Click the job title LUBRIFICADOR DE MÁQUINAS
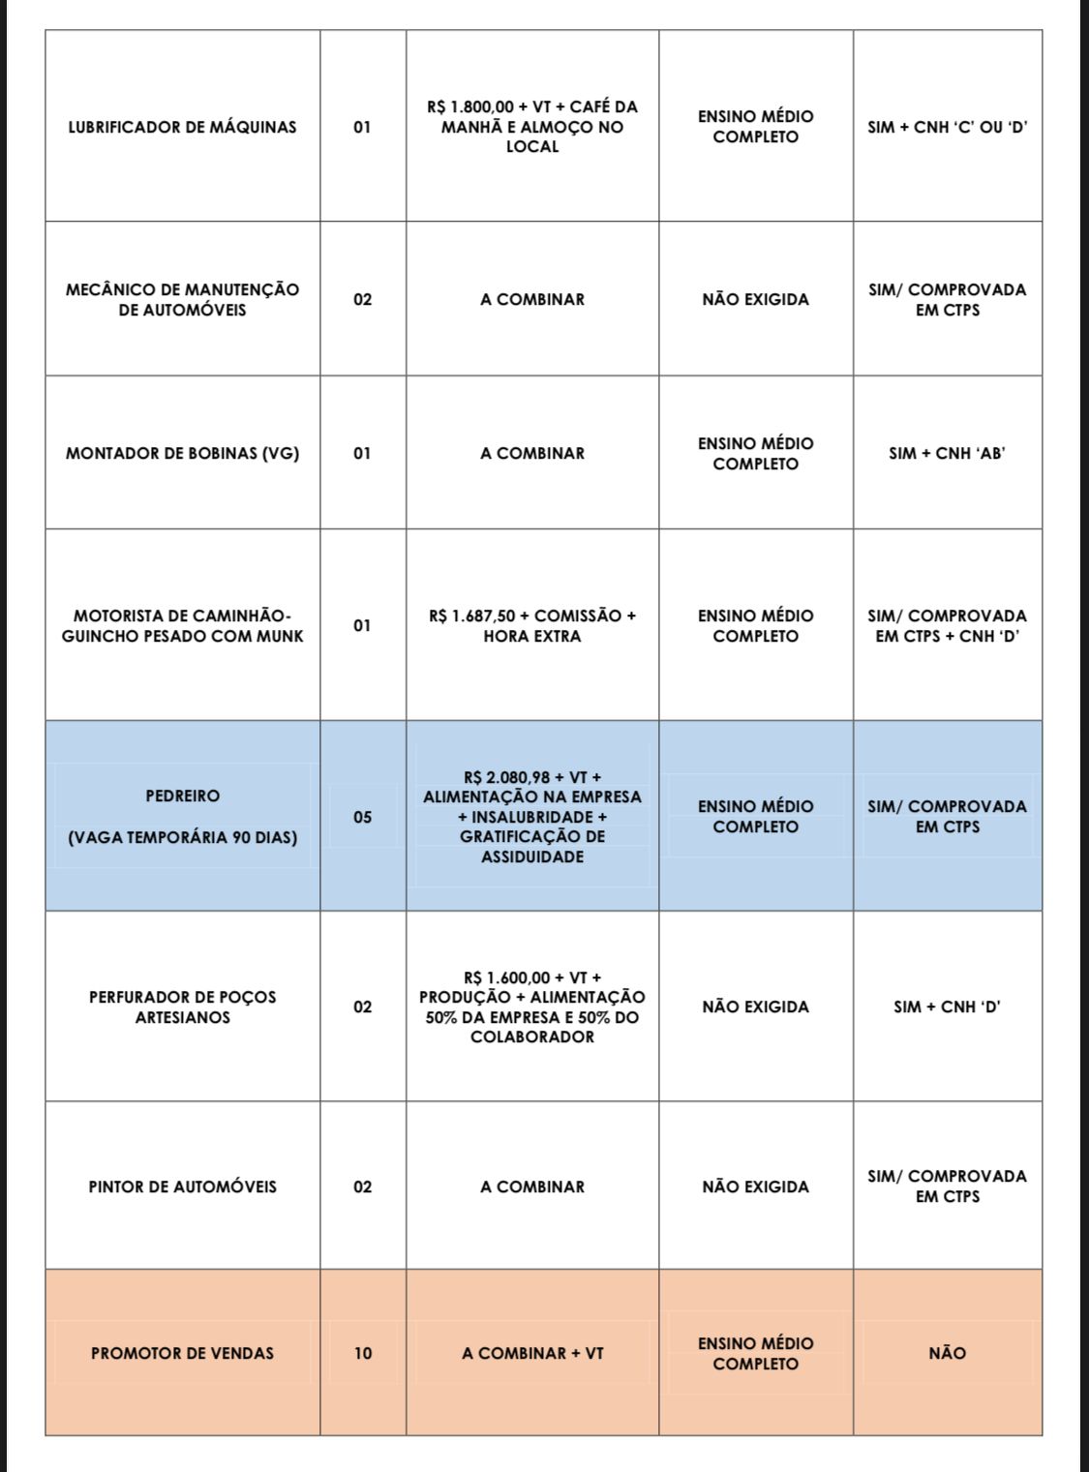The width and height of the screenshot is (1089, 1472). tap(182, 127)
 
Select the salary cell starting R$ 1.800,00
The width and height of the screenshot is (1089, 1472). tap(532, 127)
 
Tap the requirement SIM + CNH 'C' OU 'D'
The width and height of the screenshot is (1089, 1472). tap(947, 127)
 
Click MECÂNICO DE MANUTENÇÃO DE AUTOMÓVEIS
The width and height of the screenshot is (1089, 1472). tap(182, 299)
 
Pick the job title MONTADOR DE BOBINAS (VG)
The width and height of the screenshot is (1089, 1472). tap(182, 453)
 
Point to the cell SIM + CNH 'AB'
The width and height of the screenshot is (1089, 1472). tap(947, 453)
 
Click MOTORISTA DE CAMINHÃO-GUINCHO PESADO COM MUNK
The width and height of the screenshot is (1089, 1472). tap(182, 625)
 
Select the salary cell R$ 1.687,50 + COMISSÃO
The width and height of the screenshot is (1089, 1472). tap(532, 625)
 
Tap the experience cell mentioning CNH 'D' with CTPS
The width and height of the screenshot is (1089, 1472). tap(947, 625)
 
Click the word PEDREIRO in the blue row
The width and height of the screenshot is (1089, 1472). tap(182, 796)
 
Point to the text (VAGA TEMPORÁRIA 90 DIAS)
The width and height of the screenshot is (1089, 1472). tap(182, 837)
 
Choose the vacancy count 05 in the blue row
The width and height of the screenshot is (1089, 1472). tap(362, 817)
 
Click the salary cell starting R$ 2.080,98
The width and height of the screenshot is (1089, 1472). tap(532, 817)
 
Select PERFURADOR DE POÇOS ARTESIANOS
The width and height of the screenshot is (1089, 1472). tap(182, 1006)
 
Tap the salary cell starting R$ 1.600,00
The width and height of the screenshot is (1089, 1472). tap(532, 1006)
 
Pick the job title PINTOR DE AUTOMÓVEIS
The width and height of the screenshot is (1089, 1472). tap(182, 1187)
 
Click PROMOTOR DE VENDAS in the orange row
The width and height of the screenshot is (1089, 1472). tap(182, 1353)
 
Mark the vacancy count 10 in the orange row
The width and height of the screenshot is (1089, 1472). tap(362, 1353)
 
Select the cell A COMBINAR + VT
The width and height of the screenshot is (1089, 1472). tap(532, 1353)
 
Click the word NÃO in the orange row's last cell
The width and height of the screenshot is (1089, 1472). tap(947, 1353)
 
